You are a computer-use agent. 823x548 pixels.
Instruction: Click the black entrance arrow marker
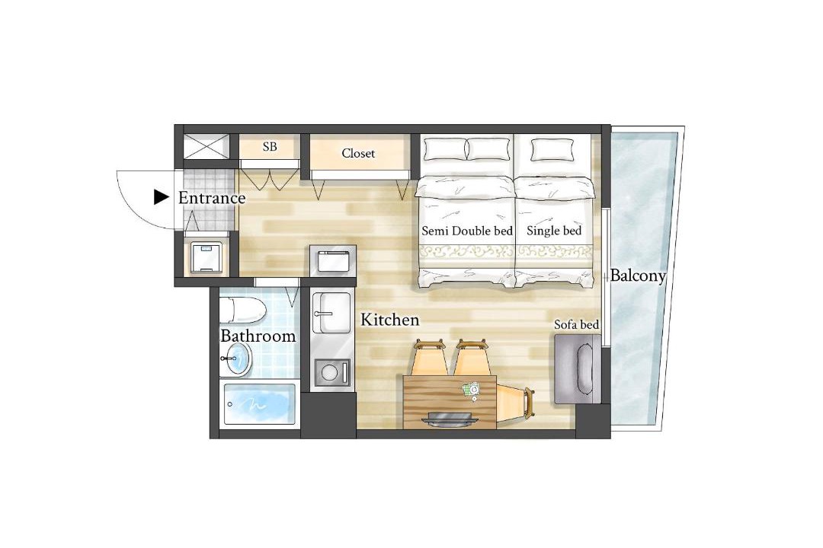pyautogui.click(x=161, y=197)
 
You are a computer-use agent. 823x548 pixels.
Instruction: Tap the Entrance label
pyautogui.click(x=212, y=198)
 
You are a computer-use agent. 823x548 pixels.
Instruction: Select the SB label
pyautogui.click(x=270, y=147)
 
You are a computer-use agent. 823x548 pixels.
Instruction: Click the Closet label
pyautogui.click(x=358, y=153)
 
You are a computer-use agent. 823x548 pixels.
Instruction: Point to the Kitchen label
pyautogui.click(x=389, y=320)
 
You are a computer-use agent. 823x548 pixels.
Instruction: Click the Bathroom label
pyautogui.click(x=258, y=336)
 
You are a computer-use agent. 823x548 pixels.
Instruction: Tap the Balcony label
pyautogui.click(x=637, y=276)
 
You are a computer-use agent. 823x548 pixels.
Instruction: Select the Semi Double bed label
pyautogui.click(x=467, y=231)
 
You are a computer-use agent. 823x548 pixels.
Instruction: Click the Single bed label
pyautogui.click(x=554, y=231)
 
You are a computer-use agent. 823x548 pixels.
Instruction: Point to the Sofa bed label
pyautogui.click(x=576, y=325)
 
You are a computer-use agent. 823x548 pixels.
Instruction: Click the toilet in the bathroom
pyautogui.click(x=242, y=311)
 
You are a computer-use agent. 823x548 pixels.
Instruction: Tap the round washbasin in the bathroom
pyautogui.click(x=236, y=359)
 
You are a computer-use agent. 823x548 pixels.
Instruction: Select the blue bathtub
pyautogui.click(x=259, y=404)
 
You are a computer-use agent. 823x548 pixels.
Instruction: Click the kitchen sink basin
pyautogui.click(x=331, y=313)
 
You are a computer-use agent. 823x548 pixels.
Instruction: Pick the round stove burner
pyautogui.click(x=330, y=373)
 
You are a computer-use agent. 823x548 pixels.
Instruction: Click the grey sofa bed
pyautogui.click(x=578, y=369)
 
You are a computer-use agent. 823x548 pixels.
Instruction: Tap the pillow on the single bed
pyautogui.click(x=552, y=150)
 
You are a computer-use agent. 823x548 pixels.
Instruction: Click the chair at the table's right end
pyautogui.click(x=515, y=402)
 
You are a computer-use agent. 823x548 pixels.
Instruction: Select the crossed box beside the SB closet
pyautogui.click(x=206, y=146)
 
